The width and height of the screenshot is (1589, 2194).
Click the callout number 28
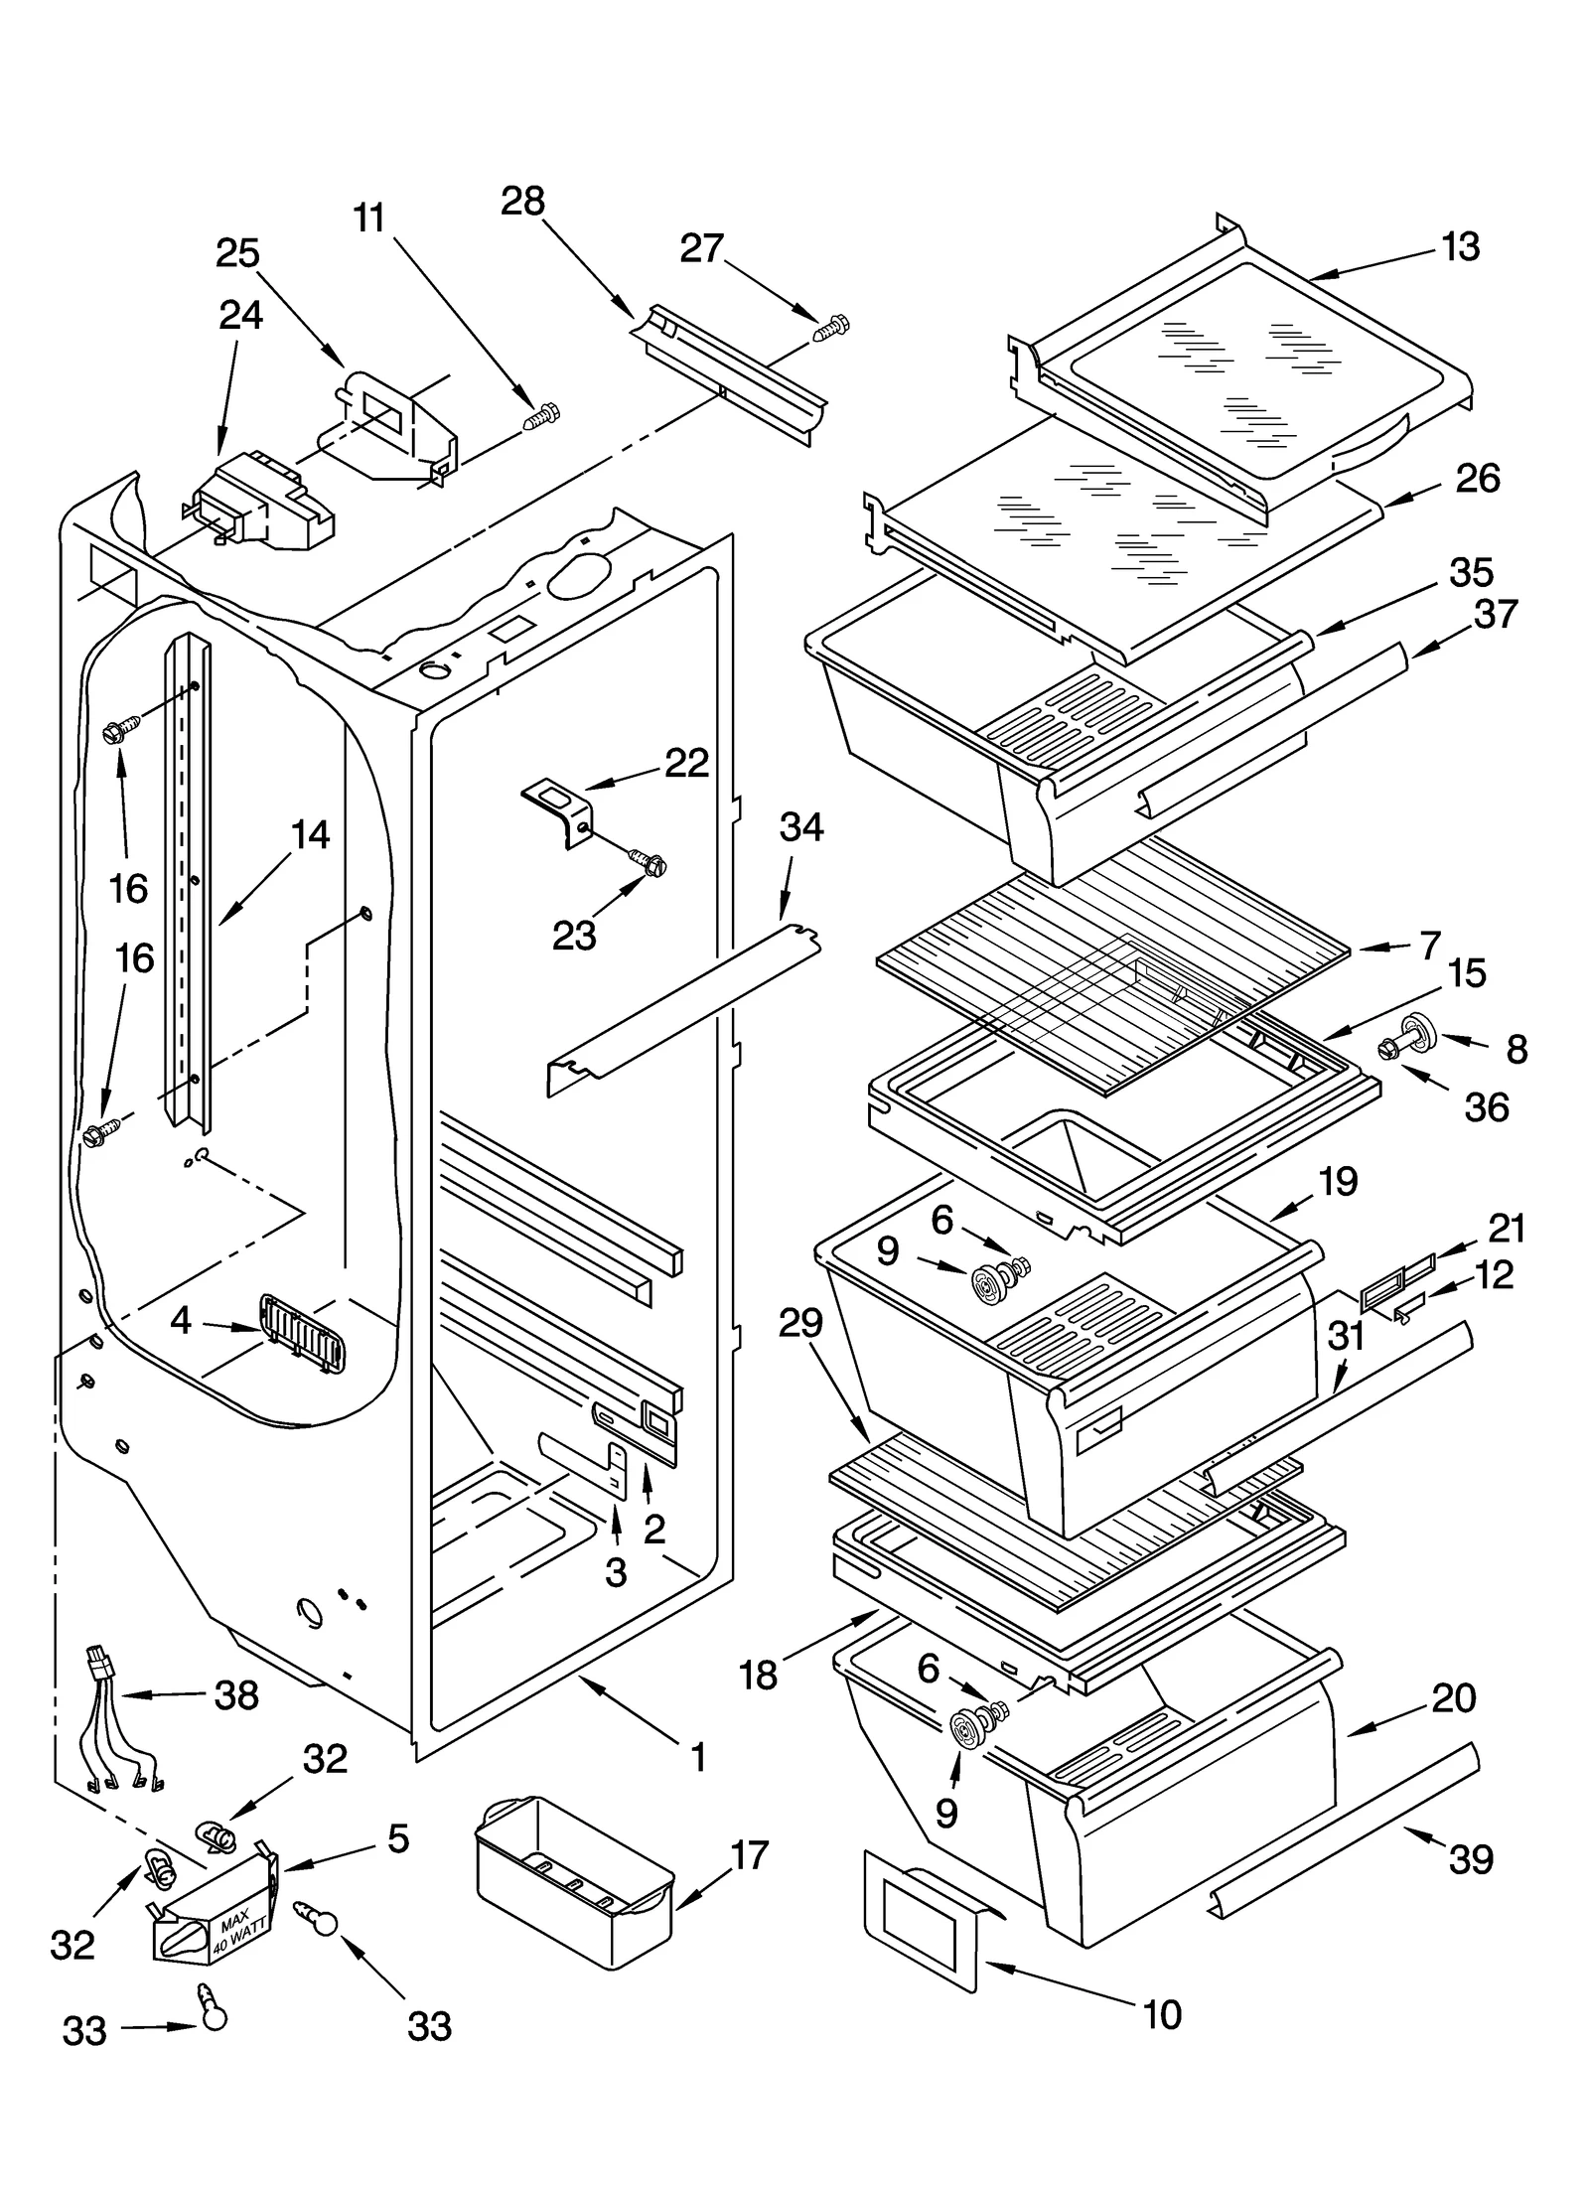pos(522,202)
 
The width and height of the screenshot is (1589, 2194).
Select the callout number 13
pos(1459,246)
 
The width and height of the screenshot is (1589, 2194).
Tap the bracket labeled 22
pos(556,804)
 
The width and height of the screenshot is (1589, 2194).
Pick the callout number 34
pos(800,826)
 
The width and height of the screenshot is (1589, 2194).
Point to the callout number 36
pos(1486,1106)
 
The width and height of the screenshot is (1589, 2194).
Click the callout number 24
pos(240,315)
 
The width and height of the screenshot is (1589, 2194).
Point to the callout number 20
pos(1454,1697)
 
